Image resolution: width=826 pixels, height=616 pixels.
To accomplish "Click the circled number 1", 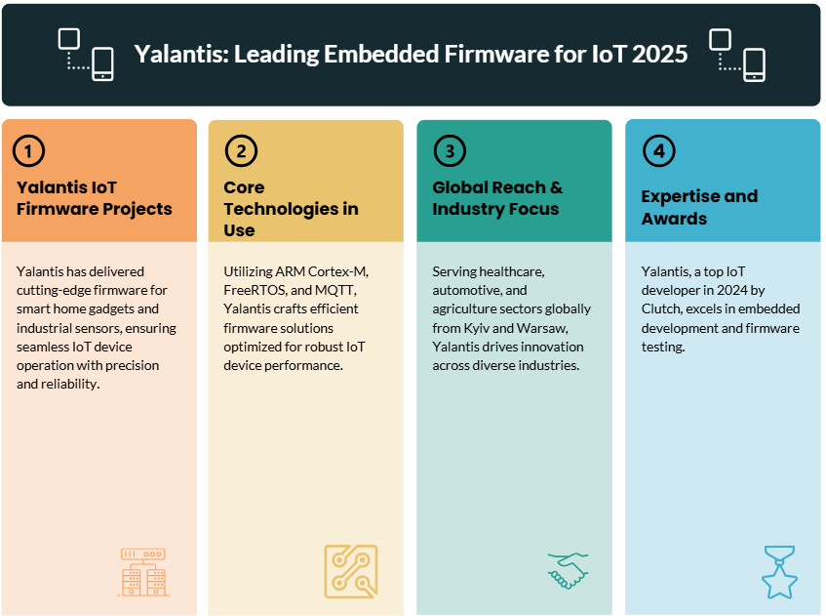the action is coord(28,151).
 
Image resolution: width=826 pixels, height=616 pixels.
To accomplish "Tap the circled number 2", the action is coord(241,151).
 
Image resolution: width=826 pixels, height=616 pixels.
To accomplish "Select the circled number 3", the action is coord(450,151).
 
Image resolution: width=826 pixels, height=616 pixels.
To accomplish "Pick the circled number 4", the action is coord(658,151).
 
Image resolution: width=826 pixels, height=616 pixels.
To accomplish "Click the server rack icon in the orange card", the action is coord(143,572).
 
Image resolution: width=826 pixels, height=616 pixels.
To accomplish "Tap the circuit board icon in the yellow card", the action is coord(351,571).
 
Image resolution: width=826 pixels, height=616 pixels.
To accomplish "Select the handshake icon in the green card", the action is coord(568,571).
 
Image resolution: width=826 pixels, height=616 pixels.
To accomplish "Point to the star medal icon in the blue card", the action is coord(779,572).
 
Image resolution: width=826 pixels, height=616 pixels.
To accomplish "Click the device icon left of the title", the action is coord(86,55).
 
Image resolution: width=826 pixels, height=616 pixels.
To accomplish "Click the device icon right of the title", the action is coord(737,55).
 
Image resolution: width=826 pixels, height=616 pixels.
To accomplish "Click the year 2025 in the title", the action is coord(659,54).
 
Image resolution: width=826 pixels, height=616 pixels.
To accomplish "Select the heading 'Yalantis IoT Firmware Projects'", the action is coord(95,198).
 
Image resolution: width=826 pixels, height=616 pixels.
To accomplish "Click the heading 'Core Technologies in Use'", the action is coord(291,209).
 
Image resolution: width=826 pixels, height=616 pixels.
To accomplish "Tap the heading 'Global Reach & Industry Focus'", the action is coord(497,198).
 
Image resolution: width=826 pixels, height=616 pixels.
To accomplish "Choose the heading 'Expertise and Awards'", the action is coord(699,207).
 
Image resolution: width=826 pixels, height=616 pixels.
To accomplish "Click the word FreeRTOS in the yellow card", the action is coord(255,290).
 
